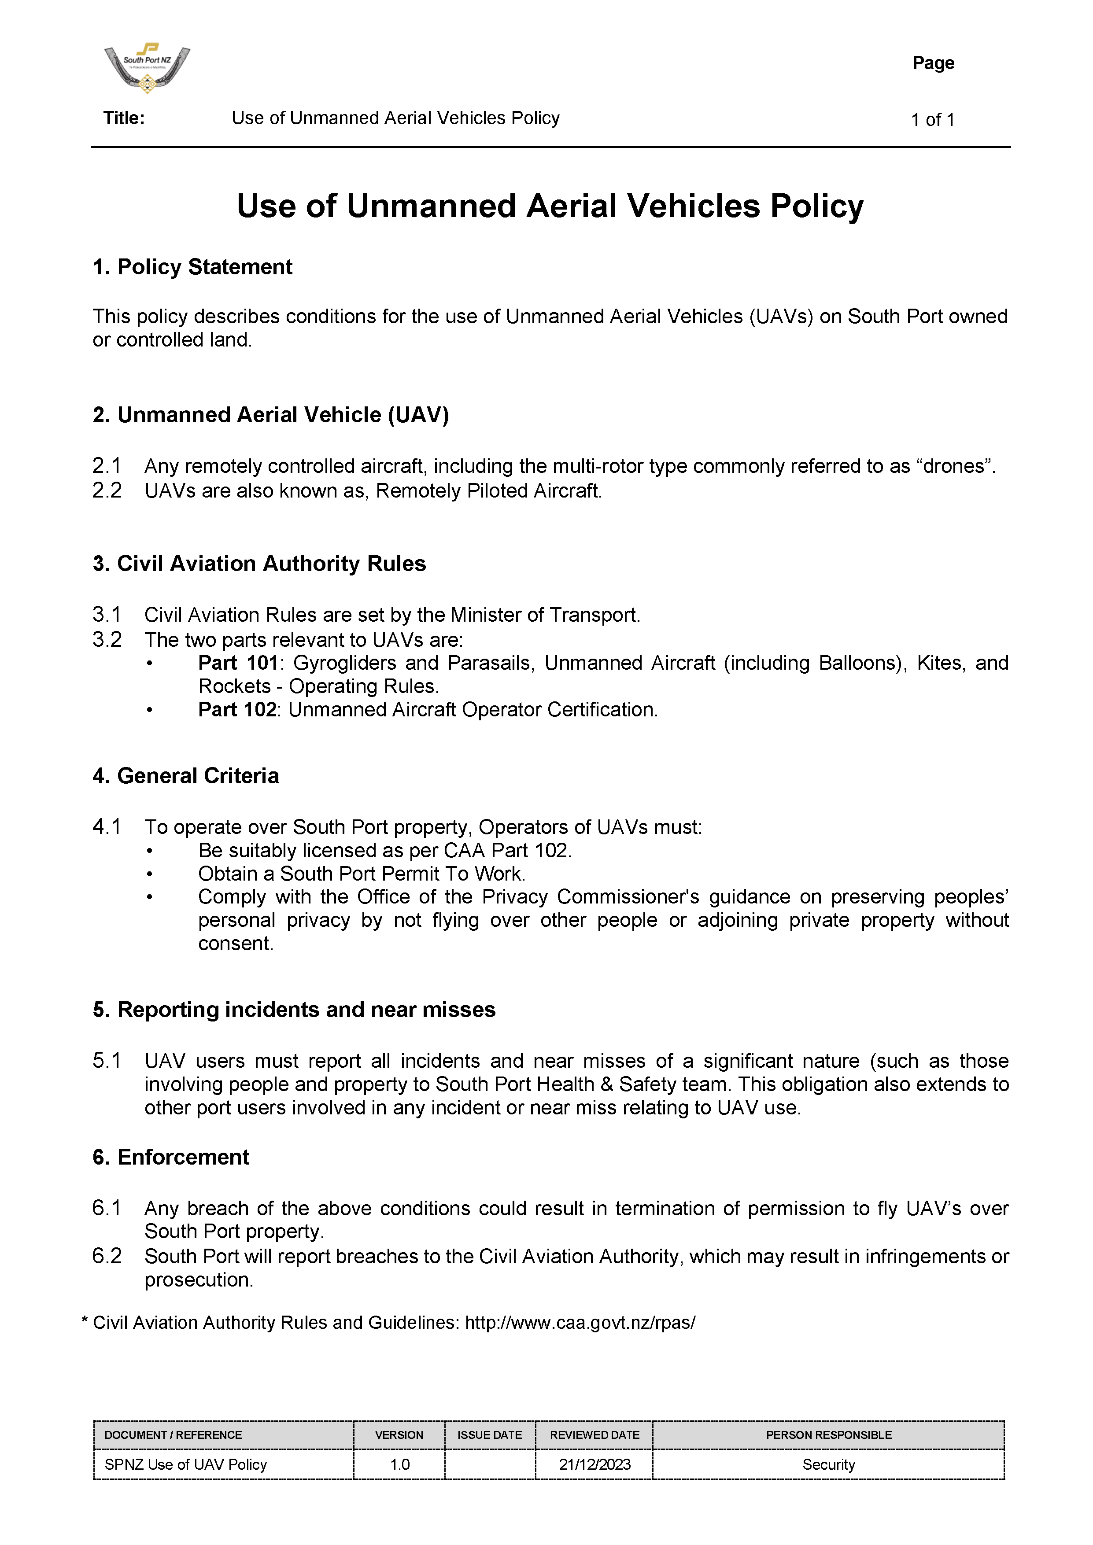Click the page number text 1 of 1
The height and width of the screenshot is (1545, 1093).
932,120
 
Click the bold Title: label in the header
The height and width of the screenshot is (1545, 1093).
124,118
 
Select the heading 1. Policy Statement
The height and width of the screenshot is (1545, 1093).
192,267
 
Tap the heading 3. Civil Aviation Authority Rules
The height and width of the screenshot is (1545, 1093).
259,563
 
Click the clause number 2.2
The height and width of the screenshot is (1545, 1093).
107,490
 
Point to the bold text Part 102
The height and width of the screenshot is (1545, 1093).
237,709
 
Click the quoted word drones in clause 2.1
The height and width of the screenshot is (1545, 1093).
954,466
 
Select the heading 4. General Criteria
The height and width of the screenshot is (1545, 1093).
186,776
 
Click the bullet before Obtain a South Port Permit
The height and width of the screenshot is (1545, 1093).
150,874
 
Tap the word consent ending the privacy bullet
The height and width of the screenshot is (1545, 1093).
236,944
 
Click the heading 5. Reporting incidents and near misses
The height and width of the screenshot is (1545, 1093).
294,1009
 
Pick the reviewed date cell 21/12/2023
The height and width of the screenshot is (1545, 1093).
595,1464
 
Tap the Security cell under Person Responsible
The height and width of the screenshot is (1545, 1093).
828,1464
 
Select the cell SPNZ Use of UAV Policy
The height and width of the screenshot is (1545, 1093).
186,1464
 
